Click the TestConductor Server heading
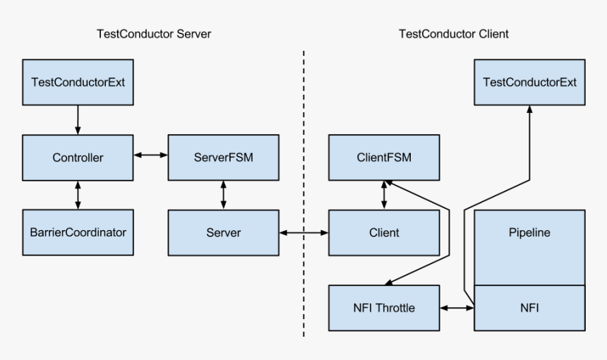click(x=153, y=34)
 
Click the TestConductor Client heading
click(x=453, y=34)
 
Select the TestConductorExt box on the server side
click(x=78, y=82)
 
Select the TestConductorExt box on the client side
click(x=529, y=82)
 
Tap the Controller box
click(x=78, y=157)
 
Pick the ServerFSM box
click(x=223, y=157)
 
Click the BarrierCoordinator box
click(x=78, y=232)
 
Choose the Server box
click(x=223, y=232)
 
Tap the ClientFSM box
click(x=384, y=157)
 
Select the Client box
click(x=384, y=232)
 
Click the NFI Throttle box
click(x=384, y=308)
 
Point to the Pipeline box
click(x=529, y=247)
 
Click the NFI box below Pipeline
click(x=529, y=308)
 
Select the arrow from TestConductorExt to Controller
click(x=78, y=120)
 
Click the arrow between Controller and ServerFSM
click(x=150, y=153)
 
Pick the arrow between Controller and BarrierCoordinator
click(x=78, y=195)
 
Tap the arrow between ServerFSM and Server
click(x=223, y=195)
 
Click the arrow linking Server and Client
click(x=303, y=232)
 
